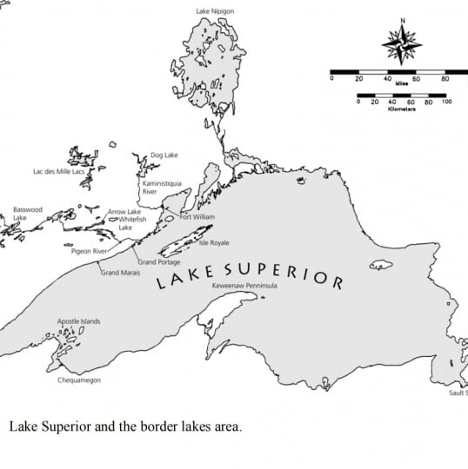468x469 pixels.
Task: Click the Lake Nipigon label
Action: click(x=215, y=11)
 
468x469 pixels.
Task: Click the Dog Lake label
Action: click(x=164, y=155)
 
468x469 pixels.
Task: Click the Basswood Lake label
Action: click(x=27, y=214)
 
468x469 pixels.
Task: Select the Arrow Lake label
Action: click(x=124, y=211)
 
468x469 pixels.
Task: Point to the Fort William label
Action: click(x=197, y=216)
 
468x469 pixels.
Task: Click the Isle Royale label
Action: click(x=214, y=242)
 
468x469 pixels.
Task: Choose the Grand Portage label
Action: click(x=159, y=261)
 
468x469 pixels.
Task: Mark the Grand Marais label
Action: click(x=121, y=273)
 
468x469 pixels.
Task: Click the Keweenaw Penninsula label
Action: click(x=244, y=286)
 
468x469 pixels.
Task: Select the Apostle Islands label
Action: click(x=78, y=321)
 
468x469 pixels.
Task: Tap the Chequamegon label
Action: click(x=79, y=380)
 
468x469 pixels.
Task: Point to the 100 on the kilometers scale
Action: click(x=447, y=102)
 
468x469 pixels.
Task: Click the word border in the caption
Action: click(x=143, y=427)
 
